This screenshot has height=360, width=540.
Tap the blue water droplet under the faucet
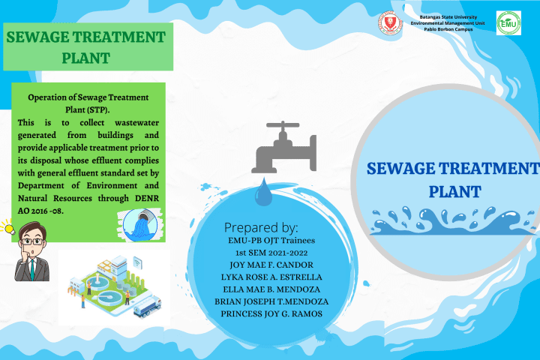tap(263, 193)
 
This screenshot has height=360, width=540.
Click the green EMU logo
tap(508, 22)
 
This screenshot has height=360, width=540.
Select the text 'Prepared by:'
tap(261, 227)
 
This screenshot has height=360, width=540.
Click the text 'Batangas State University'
tap(448, 16)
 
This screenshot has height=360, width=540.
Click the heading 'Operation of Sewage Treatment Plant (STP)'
tap(88, 103)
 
